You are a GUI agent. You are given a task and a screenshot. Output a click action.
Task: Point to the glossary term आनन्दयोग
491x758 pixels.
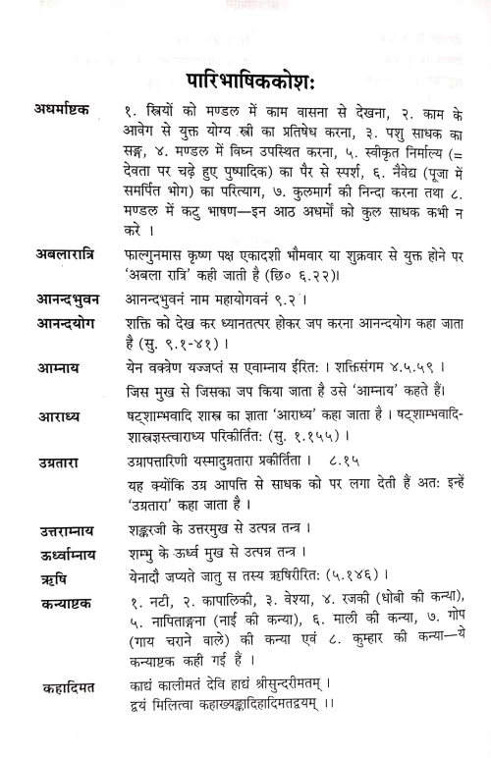(x=61, y=322)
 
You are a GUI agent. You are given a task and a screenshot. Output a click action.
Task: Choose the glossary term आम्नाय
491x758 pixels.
(x=49, y=370)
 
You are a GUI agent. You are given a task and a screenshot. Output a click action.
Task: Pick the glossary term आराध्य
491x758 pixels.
(x=49, y=418)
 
